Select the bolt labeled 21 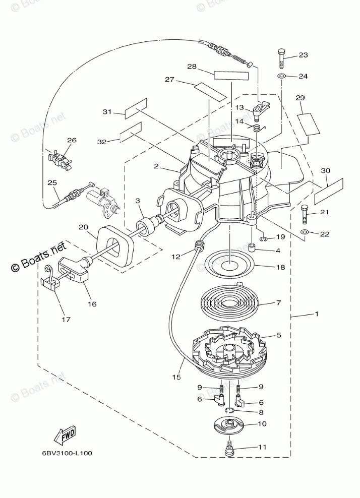tap(304, 215)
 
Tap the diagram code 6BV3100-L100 tap(67, 453)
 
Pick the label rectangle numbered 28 tap(231, 76)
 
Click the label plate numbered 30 tap(329, 191)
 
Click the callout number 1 tap(317, 315)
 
